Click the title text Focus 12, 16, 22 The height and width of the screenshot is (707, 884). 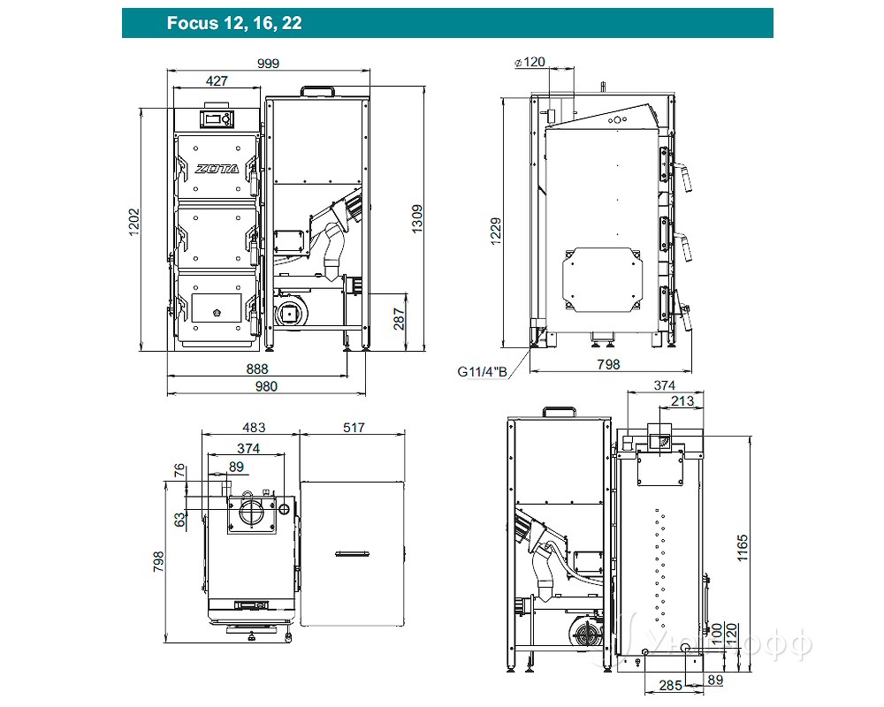click(x=234, y=23)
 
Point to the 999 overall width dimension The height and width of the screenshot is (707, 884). click(x=269, y=63)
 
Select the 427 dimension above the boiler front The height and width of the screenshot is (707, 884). click(x=217, y=80)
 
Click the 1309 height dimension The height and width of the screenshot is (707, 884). click(x=417, y=217)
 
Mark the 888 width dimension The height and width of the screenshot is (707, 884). click(x=257, y=369)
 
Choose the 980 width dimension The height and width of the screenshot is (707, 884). click(x=266, y=386)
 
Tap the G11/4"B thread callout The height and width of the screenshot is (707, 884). click(x=483, y=371)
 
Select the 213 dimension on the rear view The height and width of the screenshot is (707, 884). click(x=682, y=402)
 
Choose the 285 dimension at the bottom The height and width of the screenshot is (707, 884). click(x=669, y=685)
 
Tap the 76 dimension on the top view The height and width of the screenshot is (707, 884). click(x=179, y=469)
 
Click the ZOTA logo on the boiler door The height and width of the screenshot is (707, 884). click(x=216, y=168)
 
